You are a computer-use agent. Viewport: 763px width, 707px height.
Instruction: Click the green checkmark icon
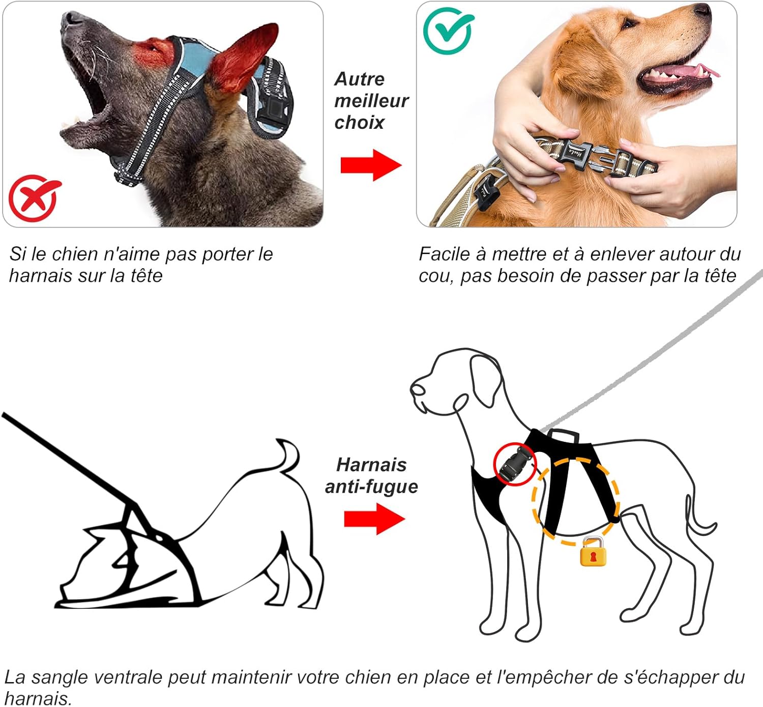(x=448, y=31)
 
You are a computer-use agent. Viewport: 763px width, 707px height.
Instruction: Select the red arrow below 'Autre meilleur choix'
(x=371, y=165)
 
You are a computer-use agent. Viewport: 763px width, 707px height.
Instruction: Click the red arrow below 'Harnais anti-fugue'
(x=374, y=519)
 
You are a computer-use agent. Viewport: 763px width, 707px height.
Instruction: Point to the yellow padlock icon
(x=593, y=552)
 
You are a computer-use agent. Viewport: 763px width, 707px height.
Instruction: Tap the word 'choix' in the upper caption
(x=359, y=123)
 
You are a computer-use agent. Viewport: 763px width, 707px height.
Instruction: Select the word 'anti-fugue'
(x=371, y=487)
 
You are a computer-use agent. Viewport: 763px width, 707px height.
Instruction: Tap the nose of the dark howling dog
(x=72, y=19)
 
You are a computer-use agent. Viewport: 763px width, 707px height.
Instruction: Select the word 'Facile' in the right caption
(x=445, y=254)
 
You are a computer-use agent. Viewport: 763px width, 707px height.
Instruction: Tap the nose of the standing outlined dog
(x=417, y=390)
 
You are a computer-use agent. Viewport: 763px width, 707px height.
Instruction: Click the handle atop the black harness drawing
(x=563, y=435)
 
